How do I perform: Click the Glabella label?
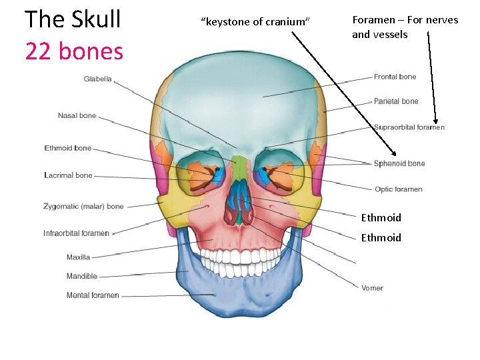(x=97, y=79)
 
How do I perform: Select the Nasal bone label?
(x=77, y=116)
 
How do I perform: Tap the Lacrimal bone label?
(x=68, y=175)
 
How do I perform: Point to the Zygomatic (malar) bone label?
(x=83, y=207)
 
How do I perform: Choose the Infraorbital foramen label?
(x=76, y=233)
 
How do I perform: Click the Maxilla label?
(x=78, y=257)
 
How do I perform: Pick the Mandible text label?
(x=81, y=276)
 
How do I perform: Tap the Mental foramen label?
(x=93, y=295)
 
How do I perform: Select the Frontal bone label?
(x=395, y=77)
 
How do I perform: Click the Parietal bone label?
(x=396, y=101)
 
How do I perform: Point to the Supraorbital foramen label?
(x=409, y=127)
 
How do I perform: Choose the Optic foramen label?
(x=398, y=189)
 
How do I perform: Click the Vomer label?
(x=372, y=288)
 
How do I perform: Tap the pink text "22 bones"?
(x=74, y=51)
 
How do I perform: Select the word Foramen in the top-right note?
(x=373, y=20)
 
